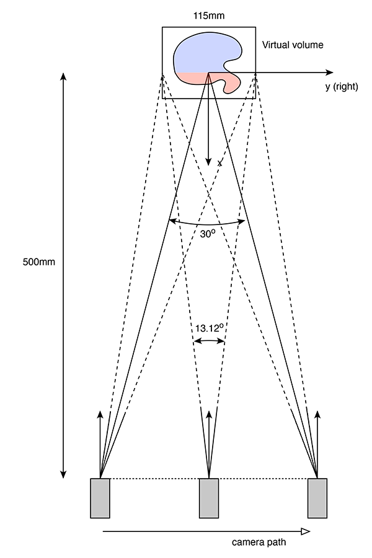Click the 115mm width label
[209, 15]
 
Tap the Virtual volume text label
[293, 45]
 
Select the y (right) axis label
[342, 86]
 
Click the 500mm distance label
[39, 262]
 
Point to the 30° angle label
[208, 234]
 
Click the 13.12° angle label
[210, 328]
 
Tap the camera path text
[259, 542]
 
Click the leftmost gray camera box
[100, 498]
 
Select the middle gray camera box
[209, 498]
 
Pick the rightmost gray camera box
[317, 498]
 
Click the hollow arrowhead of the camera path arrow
[306, 532]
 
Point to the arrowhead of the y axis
[330, 73]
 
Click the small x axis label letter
[220, 163]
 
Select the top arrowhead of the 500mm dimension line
[63, 76]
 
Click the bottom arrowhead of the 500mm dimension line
[63, 474]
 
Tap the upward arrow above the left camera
[100, 445]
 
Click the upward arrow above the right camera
[317, 445]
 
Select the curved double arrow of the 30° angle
[207, 224]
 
